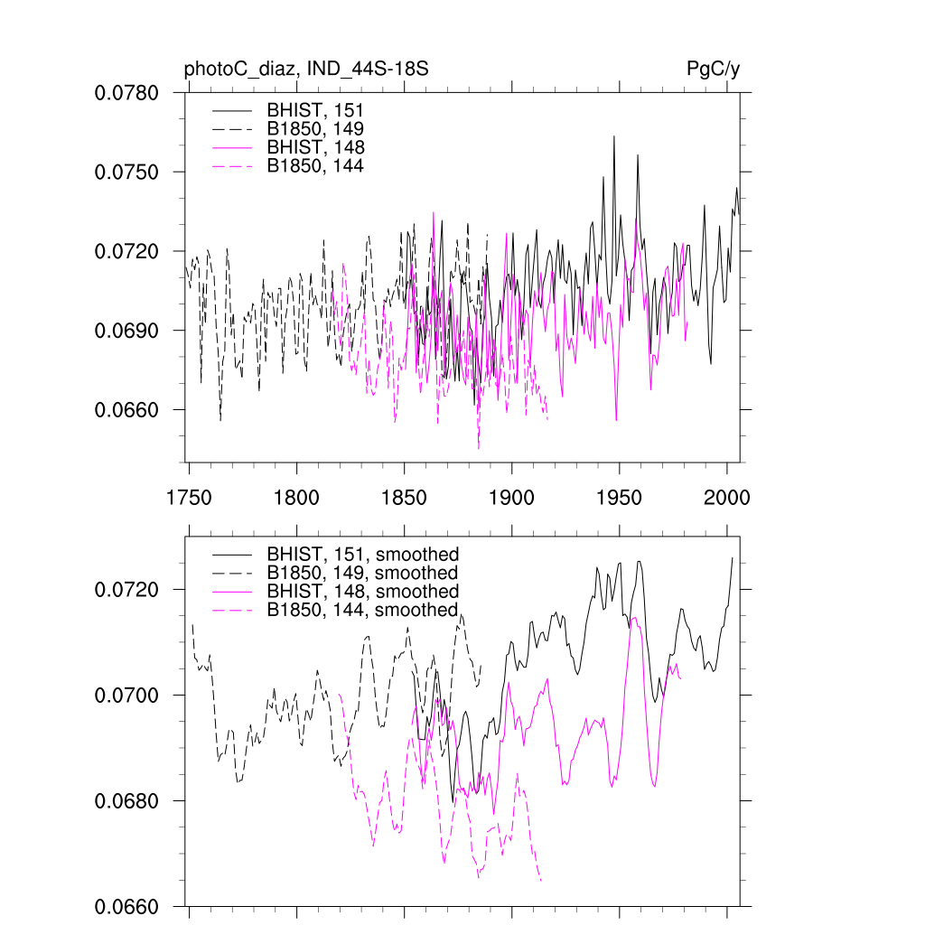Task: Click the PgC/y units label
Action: (714, 69)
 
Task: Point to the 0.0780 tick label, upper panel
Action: (127, 92)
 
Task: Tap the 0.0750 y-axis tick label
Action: (127, 172)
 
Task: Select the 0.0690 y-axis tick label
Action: (127, 331)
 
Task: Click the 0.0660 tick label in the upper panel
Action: (127, 410)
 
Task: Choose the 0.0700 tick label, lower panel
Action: (127, 696)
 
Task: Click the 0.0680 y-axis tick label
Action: (127, 801)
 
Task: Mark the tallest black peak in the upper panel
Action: (614, 136)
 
